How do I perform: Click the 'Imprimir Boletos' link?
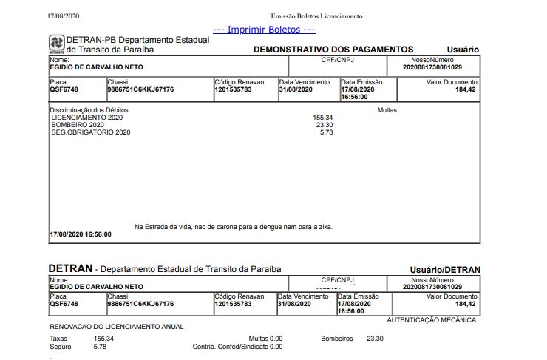[264, 30]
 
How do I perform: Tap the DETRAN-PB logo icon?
[57, 44]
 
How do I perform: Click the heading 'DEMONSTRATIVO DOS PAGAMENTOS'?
[344, 50]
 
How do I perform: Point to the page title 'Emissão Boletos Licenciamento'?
[316, 16]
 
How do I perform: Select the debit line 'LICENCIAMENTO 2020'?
[86, 118]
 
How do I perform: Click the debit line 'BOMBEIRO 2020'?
[78, 125]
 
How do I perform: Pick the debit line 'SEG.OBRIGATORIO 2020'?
[90, 132]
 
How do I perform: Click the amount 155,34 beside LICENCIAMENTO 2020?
[323, 118]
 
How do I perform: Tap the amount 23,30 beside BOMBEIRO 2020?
[325, 125]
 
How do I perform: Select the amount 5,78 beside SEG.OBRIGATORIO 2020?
[326, 132]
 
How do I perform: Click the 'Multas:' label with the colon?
[387, 110]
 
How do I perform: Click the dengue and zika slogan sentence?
[233, 227]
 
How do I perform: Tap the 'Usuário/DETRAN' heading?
[445, 270]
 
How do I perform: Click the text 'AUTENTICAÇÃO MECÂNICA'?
[431, 320]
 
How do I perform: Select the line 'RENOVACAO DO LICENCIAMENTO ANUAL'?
[116, 326]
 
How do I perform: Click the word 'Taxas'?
[58, 339]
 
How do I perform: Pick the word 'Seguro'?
[61, 346]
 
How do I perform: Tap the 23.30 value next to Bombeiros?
[375, 339]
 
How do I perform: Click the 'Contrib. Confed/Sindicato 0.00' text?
[237, 346]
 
